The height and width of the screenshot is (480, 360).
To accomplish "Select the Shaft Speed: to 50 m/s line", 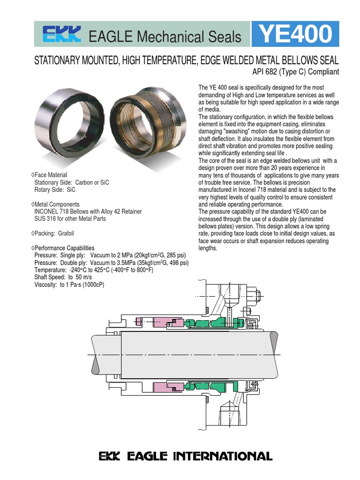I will point(63,277).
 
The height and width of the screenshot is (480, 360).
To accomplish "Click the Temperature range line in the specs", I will point(94,270).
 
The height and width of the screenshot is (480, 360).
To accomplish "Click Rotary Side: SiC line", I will point(55,190).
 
